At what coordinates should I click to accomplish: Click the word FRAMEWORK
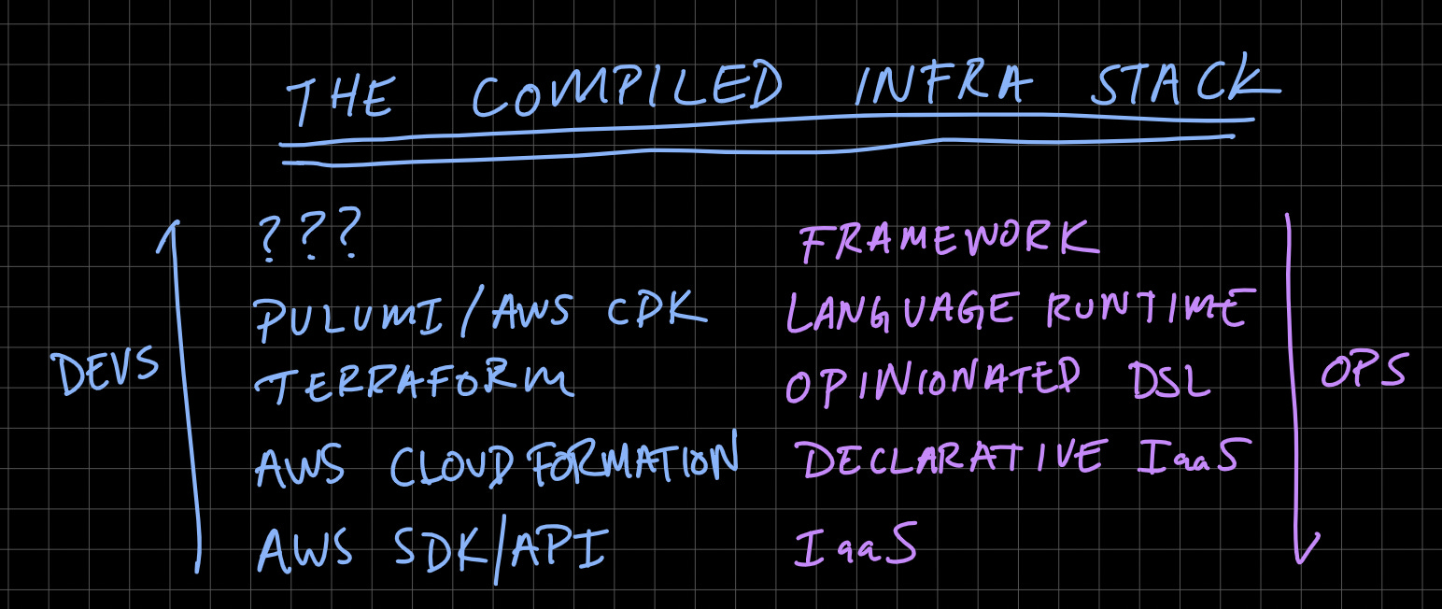click(948, 240)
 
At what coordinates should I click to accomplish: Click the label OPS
click(1363, 374)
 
